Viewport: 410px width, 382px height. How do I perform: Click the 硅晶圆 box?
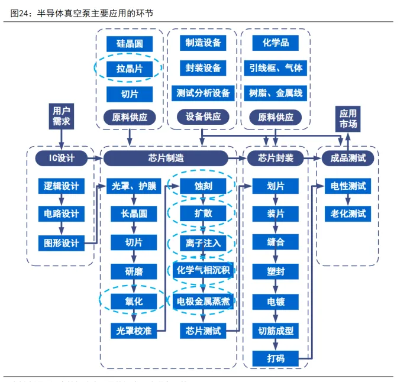[130, 43]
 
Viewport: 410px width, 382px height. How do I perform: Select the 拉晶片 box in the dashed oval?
[130, 69]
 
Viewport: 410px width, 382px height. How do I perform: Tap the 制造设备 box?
[203, 43]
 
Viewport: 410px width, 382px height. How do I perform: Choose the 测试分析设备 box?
[203, 93]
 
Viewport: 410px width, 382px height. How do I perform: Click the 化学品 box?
[276, 43]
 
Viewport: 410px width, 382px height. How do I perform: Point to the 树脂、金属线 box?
[276, 93]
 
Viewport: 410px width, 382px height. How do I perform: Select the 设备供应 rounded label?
[203, 117]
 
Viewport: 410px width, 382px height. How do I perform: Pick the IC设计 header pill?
[62, 158]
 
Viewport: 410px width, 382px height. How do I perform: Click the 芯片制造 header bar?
[166, 158]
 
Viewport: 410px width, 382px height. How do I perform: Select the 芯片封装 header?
[276, 158]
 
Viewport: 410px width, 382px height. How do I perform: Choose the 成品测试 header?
[348, 158]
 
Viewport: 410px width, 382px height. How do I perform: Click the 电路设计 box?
[62, 213]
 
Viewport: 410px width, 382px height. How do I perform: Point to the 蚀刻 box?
[203, 186]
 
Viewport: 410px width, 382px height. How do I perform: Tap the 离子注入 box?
[203, 242]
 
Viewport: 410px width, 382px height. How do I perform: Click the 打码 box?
[276, 358]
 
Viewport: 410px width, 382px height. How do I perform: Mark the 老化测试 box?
[348, 213]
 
